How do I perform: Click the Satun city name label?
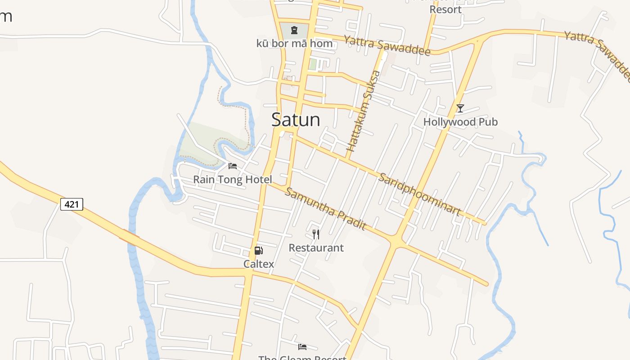point(296,120)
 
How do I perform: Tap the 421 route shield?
point(72,204)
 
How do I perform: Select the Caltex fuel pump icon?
point(258,251)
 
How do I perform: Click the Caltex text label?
point(259,264)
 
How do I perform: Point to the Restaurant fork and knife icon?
point(316,234)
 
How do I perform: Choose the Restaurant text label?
point(316,248)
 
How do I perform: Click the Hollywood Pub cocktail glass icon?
point(460,108)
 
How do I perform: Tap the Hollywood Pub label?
point(460,122)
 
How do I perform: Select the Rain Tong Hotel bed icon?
point(233,166)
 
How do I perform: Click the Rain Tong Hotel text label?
point(233,180)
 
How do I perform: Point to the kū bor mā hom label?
point(294,44)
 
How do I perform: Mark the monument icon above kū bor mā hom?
point(294,31)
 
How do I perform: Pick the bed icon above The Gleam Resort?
point(302,346)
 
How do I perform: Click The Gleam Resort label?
point(302,357)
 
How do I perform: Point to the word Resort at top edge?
point(445,9)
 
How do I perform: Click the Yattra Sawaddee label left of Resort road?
point(387,45)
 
